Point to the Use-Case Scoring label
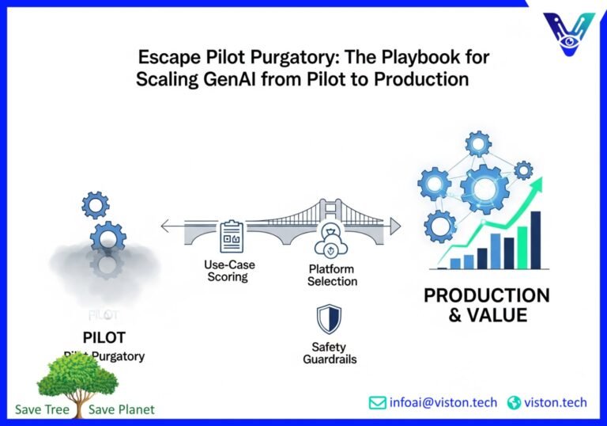[227, 271]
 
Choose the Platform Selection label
[333, 276]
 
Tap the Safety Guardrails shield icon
[328, 320]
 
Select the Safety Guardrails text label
[330, 353]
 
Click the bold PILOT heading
[104, 338]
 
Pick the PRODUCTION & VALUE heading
[486, 305]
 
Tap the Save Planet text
[122, 409]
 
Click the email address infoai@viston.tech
[443, 402]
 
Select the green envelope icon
[378, 402]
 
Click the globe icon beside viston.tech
[514, 402]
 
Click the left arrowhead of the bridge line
[164, 227]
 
